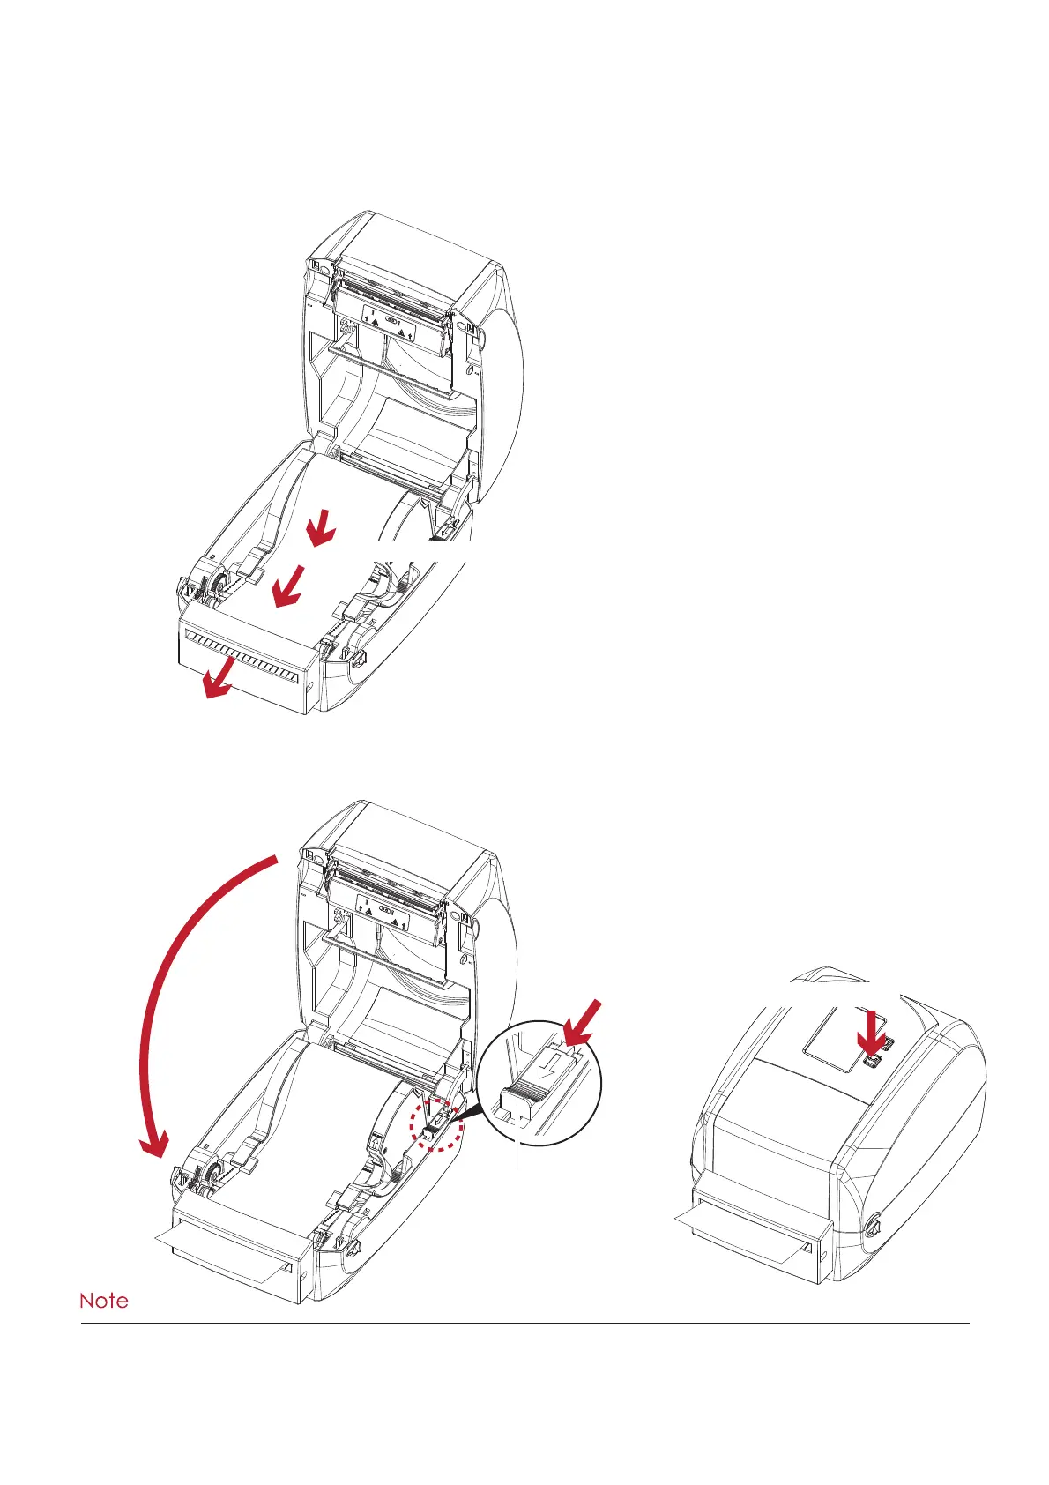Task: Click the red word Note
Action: point(104,1301)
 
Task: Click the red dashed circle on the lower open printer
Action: point(436,1123)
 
